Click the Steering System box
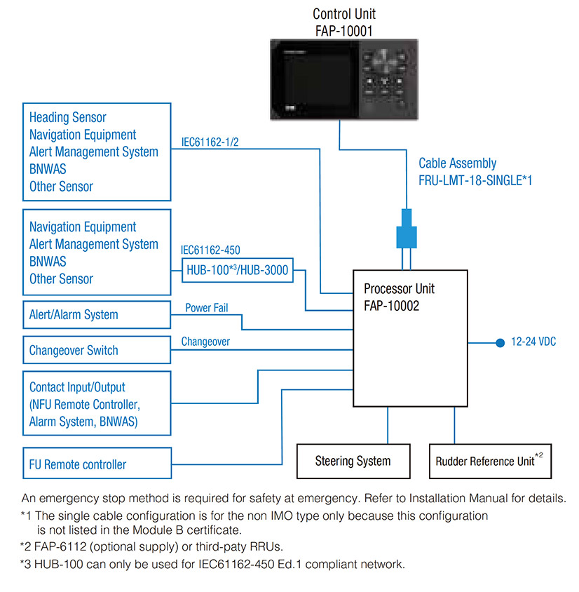coord(353,461)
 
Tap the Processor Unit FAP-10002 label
coord(400,297)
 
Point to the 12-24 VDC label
coord(533,343)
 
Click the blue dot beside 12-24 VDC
coord(500,343)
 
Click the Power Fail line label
coord(207,308)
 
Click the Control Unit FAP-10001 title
coord(343,22)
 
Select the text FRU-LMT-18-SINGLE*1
coord(475,180)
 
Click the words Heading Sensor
coord(68,117)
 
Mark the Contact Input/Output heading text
coord(77,387)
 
